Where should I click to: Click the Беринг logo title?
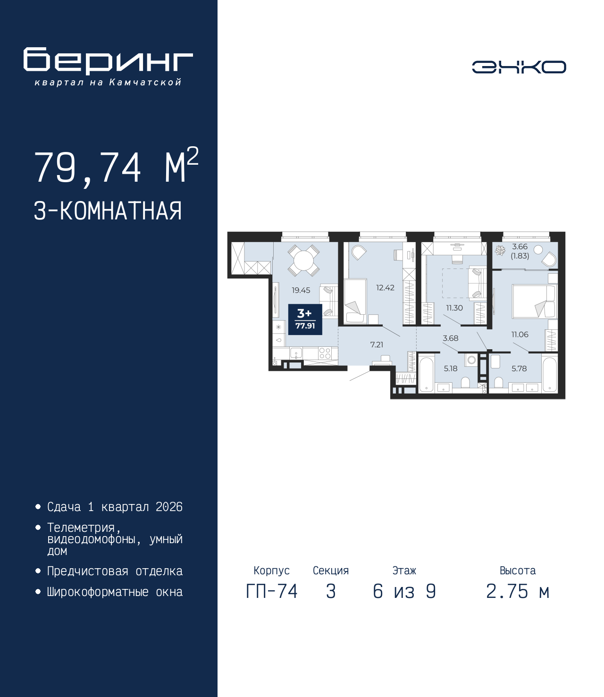point(108,61)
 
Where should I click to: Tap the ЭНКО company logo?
point(519,67)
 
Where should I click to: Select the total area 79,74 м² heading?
point(116,167)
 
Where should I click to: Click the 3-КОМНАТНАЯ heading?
point(108,211)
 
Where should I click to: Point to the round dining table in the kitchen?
point(303,260)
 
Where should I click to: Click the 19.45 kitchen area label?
point(301,290)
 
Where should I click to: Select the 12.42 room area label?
point(385,287)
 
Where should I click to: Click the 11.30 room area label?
point(454,308)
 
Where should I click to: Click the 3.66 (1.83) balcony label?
point(520,251)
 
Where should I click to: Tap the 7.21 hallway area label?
point(377,344)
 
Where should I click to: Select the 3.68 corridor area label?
point(450,338)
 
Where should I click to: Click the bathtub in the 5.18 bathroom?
point(426,374)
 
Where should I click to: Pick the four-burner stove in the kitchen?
point(325,353)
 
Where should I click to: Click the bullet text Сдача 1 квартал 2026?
point(115,507)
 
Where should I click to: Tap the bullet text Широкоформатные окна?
point(115,592)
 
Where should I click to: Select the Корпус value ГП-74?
point(271,591)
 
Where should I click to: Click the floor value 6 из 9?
point(404,591)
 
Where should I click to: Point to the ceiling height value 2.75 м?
point(517,591)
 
